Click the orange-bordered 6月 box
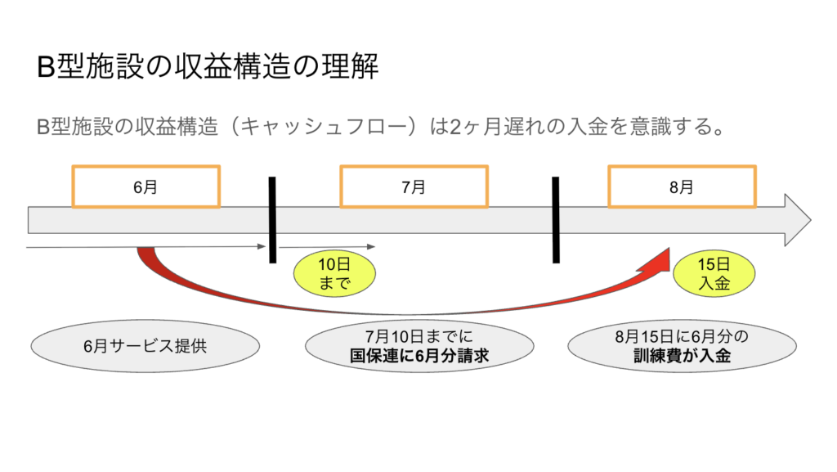[x=145, y=187]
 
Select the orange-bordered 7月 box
[x=414, y=187]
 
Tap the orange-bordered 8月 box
[x=682, y=187]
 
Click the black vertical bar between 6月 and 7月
[x=272, y=219]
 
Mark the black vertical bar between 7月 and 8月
[x=556, y=219]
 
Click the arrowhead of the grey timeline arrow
[x=797, y=220]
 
